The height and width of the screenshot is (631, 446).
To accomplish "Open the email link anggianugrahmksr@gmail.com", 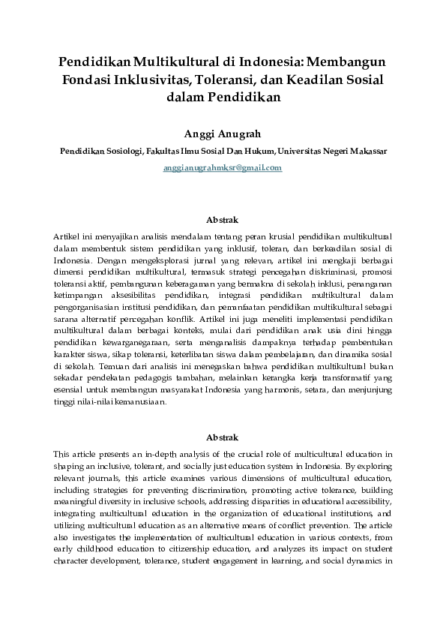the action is pyautogui.click(x=223, y=168).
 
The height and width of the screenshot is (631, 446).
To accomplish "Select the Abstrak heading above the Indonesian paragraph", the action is pyautogui.click(x=223, y=220).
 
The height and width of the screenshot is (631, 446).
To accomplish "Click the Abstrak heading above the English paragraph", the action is pyautogui.click(x=223, y=437).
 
